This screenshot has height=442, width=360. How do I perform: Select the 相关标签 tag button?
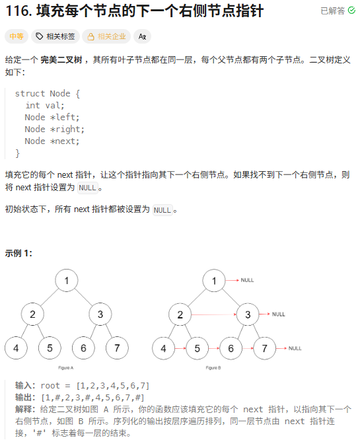[x=55, y=37]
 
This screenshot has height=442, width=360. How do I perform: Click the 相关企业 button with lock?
[x=106, y=37]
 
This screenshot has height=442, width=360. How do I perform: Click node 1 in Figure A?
[x=67, y=281]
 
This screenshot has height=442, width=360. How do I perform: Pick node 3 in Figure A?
[x=100, y=314]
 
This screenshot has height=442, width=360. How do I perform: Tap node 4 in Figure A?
[x=16, y=348]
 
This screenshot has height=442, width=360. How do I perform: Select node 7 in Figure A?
[x=117, y=348]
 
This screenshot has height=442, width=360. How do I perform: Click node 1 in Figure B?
[x=214, y=281]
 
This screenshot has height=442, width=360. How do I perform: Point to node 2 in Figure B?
[x=180, y=314]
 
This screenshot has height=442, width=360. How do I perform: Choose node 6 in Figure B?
[x=231, y=348]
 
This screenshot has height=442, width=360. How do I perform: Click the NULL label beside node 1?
[x=247, y=280]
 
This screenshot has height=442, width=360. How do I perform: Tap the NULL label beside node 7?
[x=295, y=348]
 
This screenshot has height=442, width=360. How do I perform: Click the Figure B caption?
[x=213, y=367]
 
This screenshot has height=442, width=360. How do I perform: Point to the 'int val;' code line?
[x=45, y=106]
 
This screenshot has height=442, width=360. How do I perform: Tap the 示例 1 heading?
[x=18, y=253]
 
